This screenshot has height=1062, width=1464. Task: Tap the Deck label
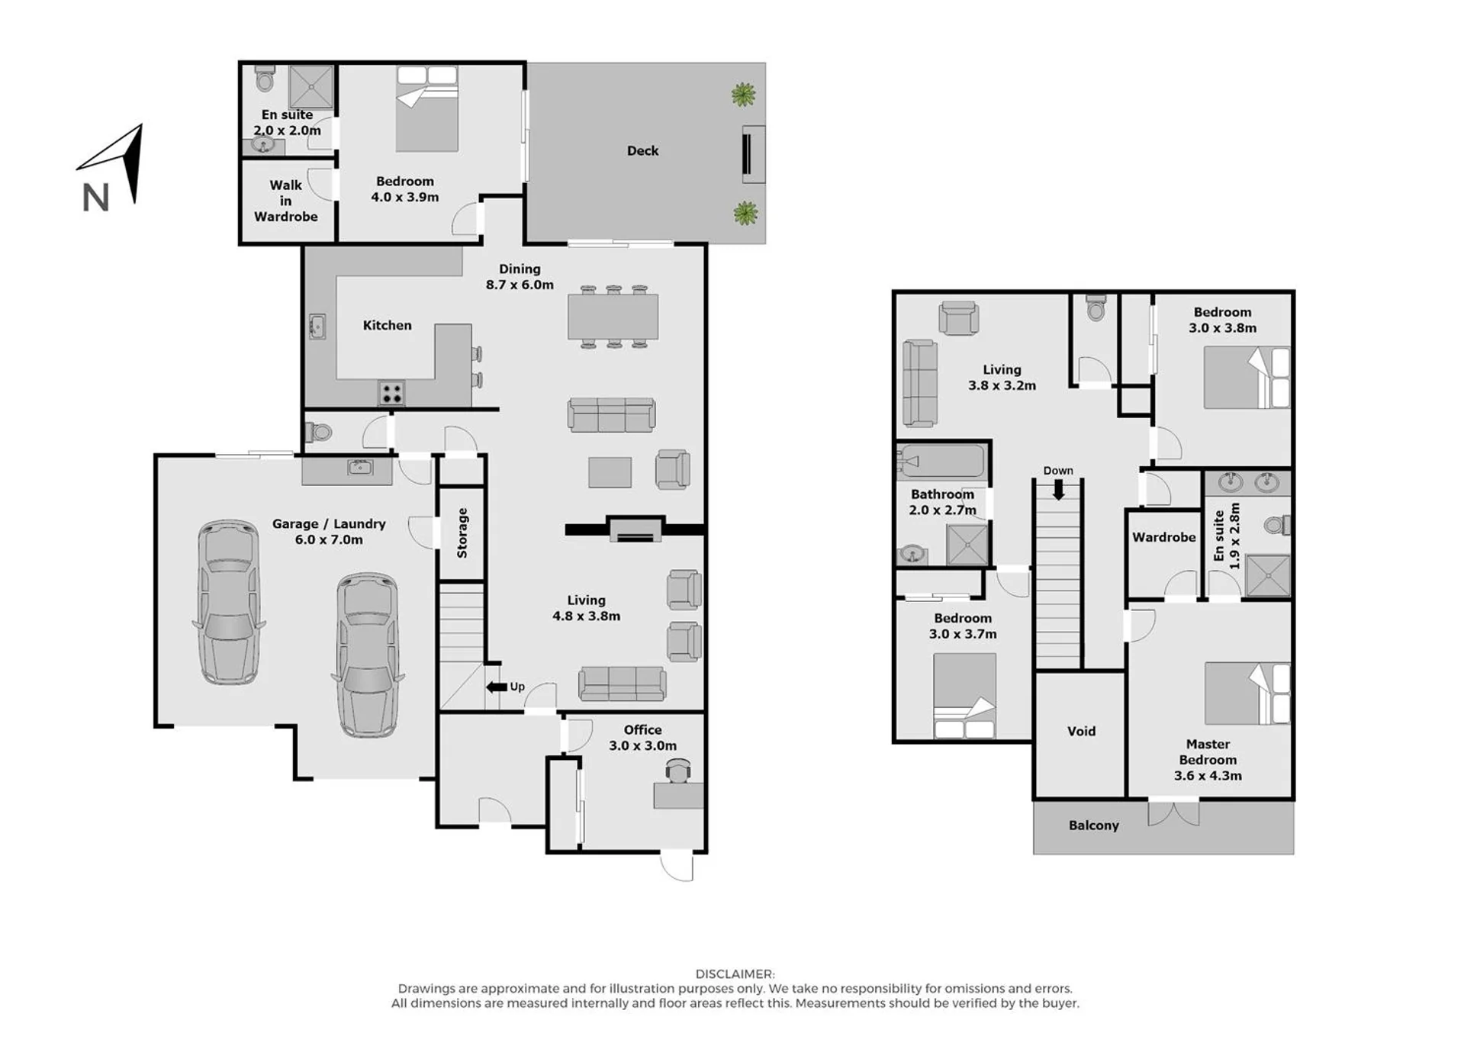click(642, 151)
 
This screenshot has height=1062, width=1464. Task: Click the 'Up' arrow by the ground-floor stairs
click(497, 687)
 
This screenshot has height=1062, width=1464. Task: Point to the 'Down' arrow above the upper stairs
click(1058, 491)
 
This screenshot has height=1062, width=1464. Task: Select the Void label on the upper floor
click(1081, 731)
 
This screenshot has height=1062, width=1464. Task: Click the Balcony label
click(1093, 825)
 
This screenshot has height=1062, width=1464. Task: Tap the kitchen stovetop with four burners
click(391, 394)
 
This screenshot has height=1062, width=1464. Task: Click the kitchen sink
click(317, 327)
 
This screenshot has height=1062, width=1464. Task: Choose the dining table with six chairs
click(613, 317)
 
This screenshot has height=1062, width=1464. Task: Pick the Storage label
click(462, 533)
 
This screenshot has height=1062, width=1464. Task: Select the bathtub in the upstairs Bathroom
click(941, 462)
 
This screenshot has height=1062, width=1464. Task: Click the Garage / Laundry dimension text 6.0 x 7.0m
click(329, 540)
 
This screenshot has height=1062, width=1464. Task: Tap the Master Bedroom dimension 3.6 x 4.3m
click(1208, 776)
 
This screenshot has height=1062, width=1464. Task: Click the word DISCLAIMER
click(735, 974)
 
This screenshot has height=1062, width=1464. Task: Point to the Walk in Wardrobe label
click(286, 201)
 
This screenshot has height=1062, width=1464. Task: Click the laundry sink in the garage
click(359, 466)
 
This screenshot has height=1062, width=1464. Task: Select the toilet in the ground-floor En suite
click(265, 79)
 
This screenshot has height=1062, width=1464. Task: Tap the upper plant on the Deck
click(743, 95)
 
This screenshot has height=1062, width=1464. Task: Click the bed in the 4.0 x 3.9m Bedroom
click(426, 109)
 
